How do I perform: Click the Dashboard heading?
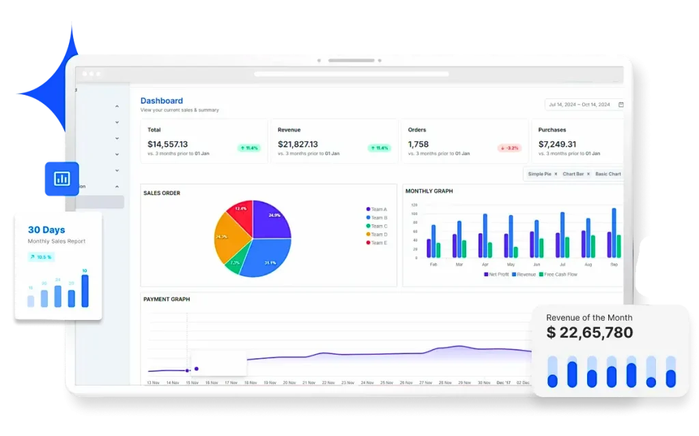click(x=161, y=101)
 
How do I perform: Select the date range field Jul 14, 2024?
click(x=580, y=104)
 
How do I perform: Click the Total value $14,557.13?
click(x=167, y=144)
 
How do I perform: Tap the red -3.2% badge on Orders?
click(x=509, y=147)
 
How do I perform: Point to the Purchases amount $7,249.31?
click(x=557, y=144)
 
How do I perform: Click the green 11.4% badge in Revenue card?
click(x=379, y=147)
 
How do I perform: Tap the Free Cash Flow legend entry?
click(x=560, y=274)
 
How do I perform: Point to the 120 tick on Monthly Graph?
click(x=414, y=204)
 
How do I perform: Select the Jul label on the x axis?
click(x=562, y=263)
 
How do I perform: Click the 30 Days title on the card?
click(x=47, y=230)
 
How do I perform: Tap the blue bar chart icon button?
click(x=61, y=179)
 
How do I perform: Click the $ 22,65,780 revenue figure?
click(x=590, y=333)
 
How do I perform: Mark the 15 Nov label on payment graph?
click(x=193, y=383)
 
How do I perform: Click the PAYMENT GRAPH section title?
click(x=167, y=299)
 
